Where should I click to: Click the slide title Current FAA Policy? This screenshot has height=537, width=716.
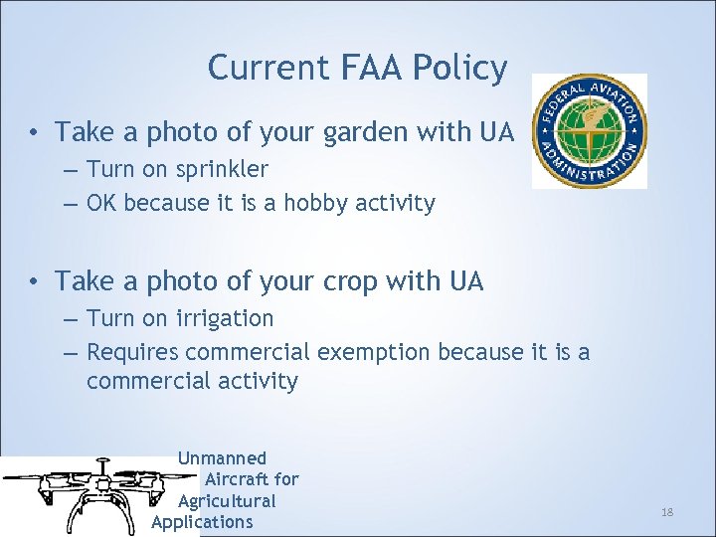(x=357, y=68)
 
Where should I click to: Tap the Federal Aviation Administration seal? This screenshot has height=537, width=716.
(x=589, y=130)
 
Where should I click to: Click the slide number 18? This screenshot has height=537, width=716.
(x=667, y=511)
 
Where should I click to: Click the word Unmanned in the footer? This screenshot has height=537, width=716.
(x=222, y=458)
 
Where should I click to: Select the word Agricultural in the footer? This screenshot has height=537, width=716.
(x=227, y=501)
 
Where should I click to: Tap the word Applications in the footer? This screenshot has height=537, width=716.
(x=203, y=522)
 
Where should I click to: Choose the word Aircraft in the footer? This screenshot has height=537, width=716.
(x=252, y=479)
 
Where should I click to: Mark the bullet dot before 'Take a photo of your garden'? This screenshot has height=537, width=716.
(x=34, y=133)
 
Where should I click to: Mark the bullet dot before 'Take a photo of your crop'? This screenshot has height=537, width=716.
(x=34, y=283)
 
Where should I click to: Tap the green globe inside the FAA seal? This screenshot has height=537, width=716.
(x=589, y=130)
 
